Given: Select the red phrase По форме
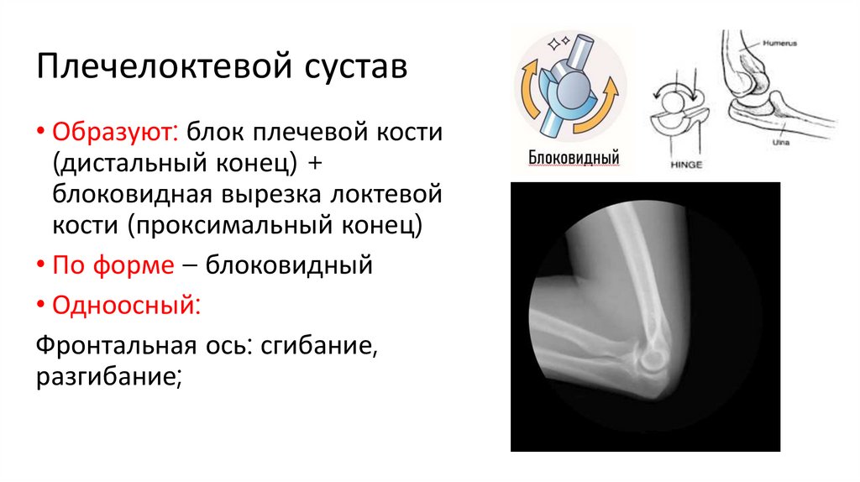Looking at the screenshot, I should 113,266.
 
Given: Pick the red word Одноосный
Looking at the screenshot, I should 126,303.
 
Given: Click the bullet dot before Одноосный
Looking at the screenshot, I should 40,304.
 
